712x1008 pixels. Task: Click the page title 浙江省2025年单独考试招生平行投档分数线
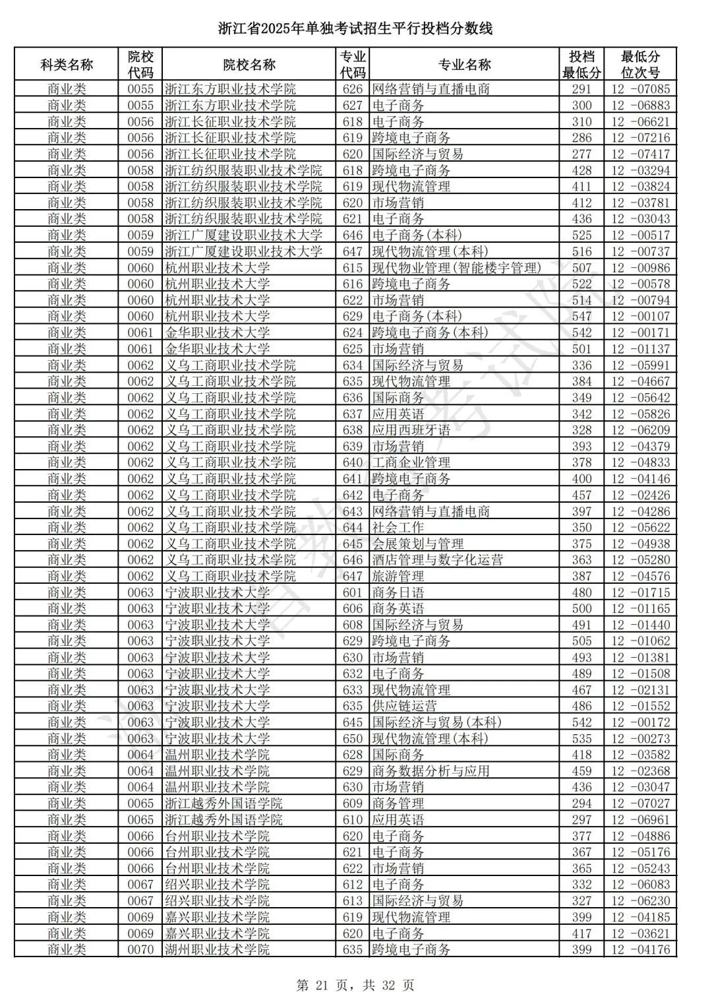point(355,28)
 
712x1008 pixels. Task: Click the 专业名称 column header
point(464,65)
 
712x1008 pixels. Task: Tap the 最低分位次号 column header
point(640,65)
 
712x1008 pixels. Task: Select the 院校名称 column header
point(249,65)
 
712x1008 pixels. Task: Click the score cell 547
point(581,317)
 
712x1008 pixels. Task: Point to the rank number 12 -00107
point(640,317)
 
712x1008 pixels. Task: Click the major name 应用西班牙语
point(411,430)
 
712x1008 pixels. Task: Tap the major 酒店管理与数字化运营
point(437,560)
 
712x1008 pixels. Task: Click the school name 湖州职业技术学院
point(217,950)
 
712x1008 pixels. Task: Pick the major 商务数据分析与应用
point(430,771)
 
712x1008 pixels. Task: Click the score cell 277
point(581,154)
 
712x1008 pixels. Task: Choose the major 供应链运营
point(404,706)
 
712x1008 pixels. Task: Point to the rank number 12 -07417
point(640,154)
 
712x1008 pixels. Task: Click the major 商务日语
point(398,592)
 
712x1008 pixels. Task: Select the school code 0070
point(140,950)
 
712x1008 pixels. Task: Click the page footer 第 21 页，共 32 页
point(355,986)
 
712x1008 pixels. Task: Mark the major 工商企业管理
point(411,462)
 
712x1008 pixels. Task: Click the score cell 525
point(581,236)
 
